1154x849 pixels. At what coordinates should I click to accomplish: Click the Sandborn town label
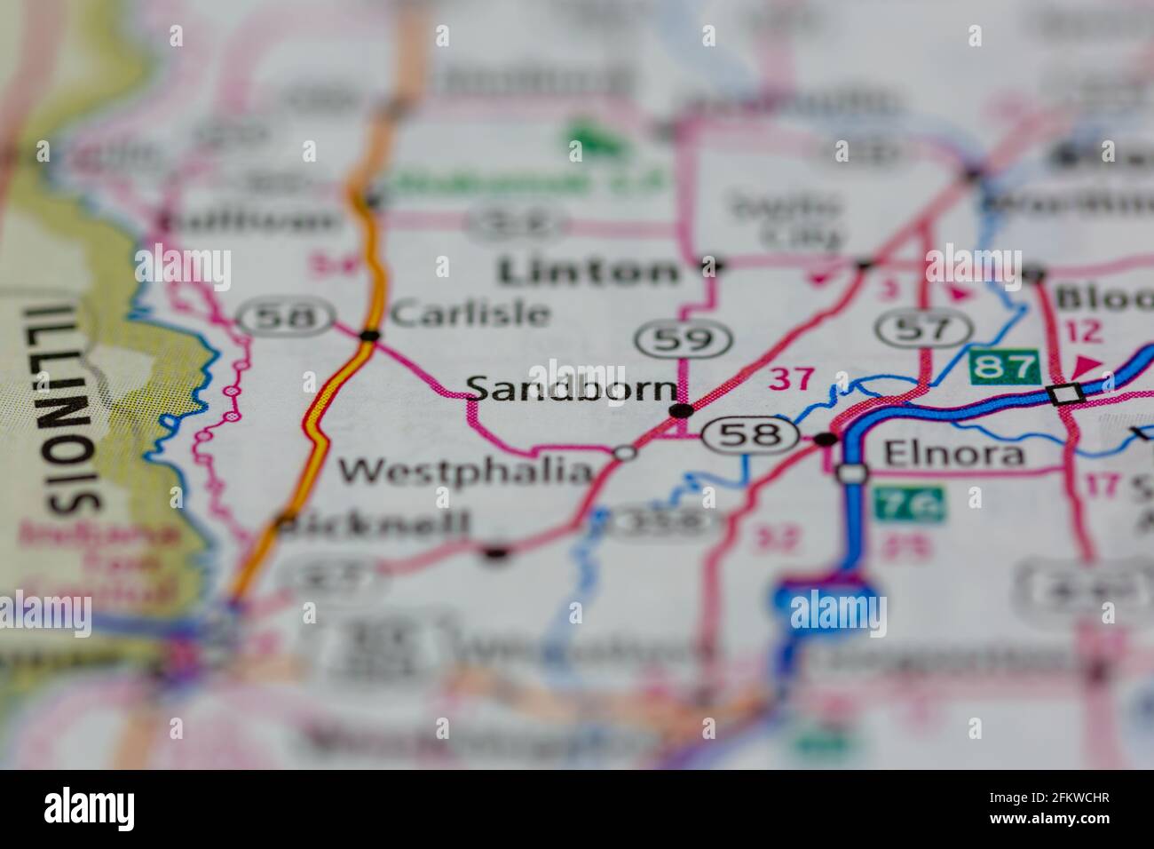click(571, 389)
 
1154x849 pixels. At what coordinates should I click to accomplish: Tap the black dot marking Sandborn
click(681, 410)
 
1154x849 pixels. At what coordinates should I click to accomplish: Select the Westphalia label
click(465, 470)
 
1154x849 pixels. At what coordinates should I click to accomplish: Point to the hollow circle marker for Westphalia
click(626, 453)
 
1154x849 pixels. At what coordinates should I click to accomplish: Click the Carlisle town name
click(470, 313)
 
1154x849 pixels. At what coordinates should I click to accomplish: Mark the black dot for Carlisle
click(370, 335)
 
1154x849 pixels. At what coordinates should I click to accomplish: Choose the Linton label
click(588, 271)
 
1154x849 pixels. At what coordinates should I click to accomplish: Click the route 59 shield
click(684, 338)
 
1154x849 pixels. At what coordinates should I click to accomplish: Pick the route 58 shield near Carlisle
click(286, 316)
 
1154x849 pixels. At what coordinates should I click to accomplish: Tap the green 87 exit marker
click(1004, 366)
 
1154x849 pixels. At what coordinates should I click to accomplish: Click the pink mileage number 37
click(790, 379)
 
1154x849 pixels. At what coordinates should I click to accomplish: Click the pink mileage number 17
click(1102, 485)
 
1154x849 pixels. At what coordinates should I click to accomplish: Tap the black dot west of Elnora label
click(826, 439)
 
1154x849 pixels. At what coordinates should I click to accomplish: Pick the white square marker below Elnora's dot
click(852, 473)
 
